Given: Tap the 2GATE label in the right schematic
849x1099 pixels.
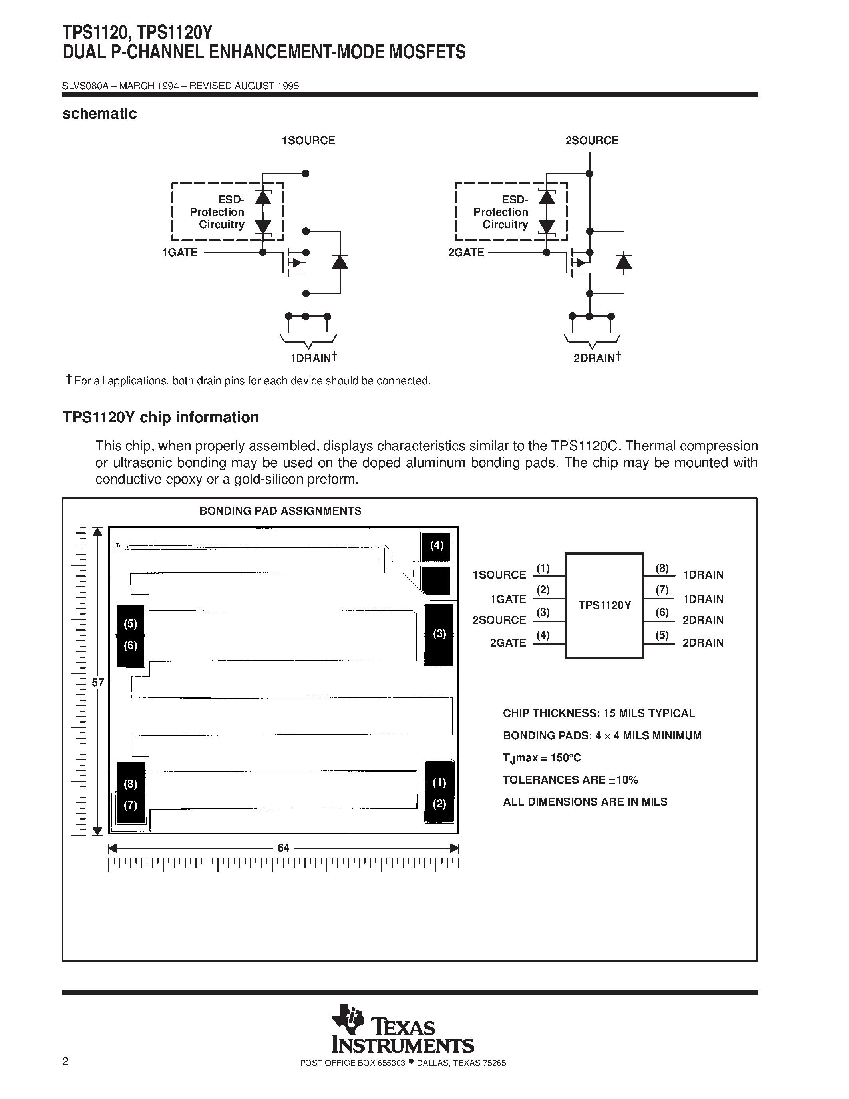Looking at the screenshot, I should coord(466,253).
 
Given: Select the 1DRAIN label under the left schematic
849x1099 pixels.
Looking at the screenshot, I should coord(310,359).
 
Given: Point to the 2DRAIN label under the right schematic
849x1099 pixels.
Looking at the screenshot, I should coord(594,359).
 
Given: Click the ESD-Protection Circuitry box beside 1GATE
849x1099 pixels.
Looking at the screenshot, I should coord(227,212).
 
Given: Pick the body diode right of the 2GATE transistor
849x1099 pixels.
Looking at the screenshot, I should coord(624,262).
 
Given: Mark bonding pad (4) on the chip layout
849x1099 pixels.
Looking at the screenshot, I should coord(437,546).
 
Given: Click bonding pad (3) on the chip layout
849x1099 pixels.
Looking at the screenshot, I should coord(439,634).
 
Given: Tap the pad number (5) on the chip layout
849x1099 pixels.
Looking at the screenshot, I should coord(130,624).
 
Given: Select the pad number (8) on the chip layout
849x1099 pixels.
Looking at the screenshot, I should coord(130,784).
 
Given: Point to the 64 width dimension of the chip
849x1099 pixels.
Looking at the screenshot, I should coord(283,848).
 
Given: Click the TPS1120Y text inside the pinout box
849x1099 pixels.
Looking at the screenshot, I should coord(604,605).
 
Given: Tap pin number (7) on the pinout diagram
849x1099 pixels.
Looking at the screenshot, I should coord(662,590).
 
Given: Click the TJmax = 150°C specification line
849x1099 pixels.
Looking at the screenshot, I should coord(542,758).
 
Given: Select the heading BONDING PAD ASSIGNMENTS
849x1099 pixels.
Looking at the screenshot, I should coord(280,511).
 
